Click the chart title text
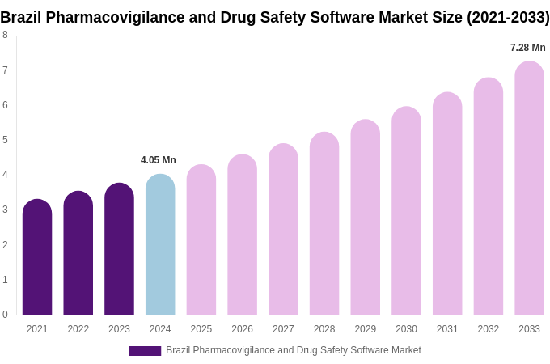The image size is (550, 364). coord(275,17)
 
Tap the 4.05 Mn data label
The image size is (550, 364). coord(159,160)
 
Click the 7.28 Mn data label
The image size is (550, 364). coord(527,48)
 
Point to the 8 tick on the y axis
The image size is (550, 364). coord(5,35)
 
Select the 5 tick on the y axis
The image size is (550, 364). coord(5,140)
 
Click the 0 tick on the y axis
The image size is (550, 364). coord(5,315)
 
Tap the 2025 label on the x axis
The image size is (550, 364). coord(201,329)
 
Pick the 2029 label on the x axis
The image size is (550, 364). coord(365,329)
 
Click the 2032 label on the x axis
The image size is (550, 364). coord(488,329)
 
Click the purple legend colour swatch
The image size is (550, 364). coord(145,351)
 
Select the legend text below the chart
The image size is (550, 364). coord(294,350)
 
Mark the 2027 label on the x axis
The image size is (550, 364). coord(283,329)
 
